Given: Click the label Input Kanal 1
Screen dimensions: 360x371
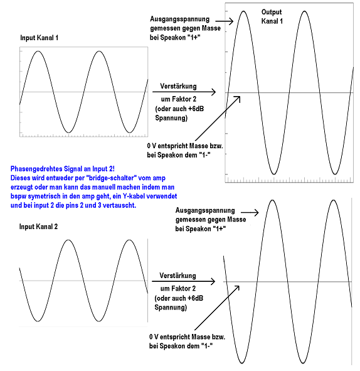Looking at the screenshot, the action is tap(40, 38).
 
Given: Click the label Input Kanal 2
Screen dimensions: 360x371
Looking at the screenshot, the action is tap(38, 227).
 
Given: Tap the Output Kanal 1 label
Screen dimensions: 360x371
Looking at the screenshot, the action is tap(272, 16).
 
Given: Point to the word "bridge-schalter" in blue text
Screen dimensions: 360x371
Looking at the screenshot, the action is tap(111, 178).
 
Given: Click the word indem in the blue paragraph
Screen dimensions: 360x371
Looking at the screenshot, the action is tap(150, 187).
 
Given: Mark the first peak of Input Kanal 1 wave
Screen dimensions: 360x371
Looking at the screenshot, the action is tap(38, 51).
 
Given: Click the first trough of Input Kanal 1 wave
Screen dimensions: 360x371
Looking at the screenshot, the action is tap(68, 132).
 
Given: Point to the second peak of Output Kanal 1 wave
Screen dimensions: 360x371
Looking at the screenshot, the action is tap(304, 11).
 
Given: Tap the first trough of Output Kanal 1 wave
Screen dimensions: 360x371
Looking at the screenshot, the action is tap(274, 174).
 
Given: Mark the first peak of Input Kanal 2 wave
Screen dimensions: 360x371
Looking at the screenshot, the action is tap(68, 240).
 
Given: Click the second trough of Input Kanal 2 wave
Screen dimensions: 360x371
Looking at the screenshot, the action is tap(99, 321).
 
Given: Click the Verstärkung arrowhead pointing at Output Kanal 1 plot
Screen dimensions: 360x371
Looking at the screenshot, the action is tap(213, 92).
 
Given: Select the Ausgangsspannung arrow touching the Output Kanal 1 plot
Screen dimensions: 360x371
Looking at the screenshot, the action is tap(228, 21).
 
